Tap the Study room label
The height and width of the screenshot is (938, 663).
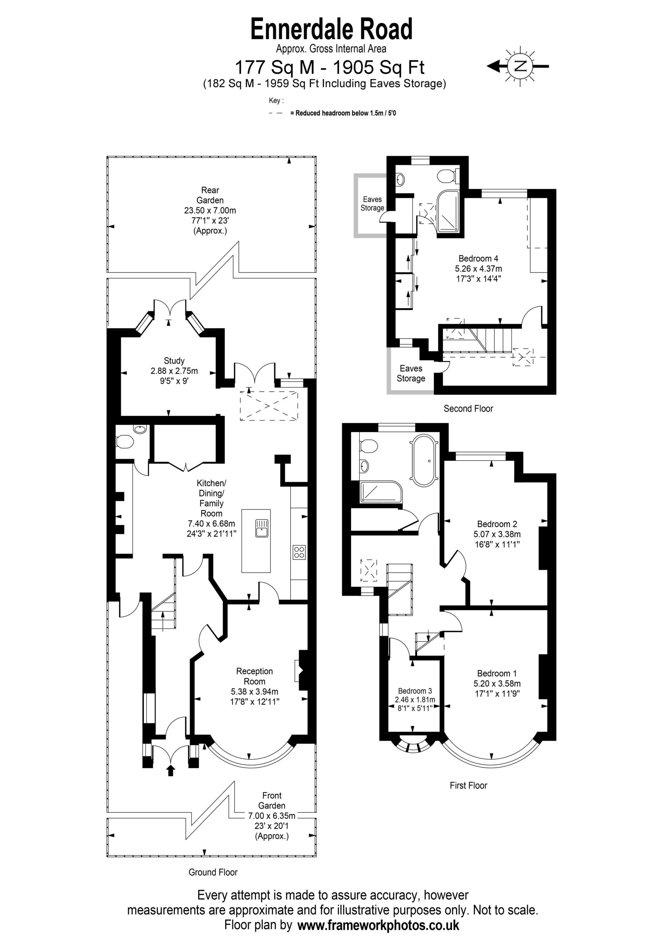pyautogui.click(x=174, y=361)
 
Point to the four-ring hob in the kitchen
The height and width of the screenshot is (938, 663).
pyautogui.click(x=299, y=552)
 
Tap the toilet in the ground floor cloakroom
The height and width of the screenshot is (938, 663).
pyautogui.click(x=125, y=442)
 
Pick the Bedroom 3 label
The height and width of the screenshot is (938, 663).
pyautogui.click(x=415, y=691)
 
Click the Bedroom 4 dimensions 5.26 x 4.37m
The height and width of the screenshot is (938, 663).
pyautogui.click(x=478, y=269)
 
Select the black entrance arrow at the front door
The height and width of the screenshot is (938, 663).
pyautogui.click(x=171, y=771)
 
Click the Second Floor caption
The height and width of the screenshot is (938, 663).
pyautogui.click(x=468, y=409)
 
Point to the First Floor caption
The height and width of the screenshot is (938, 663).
pyautogui.click(x=468, y=785)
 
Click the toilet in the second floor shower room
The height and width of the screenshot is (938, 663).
pyautogui.click(x=448, y=177)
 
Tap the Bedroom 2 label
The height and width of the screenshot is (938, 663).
pyautogui.click(x=497, y=524)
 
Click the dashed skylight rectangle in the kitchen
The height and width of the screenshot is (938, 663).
pyautogui.click(x=269, y=406)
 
